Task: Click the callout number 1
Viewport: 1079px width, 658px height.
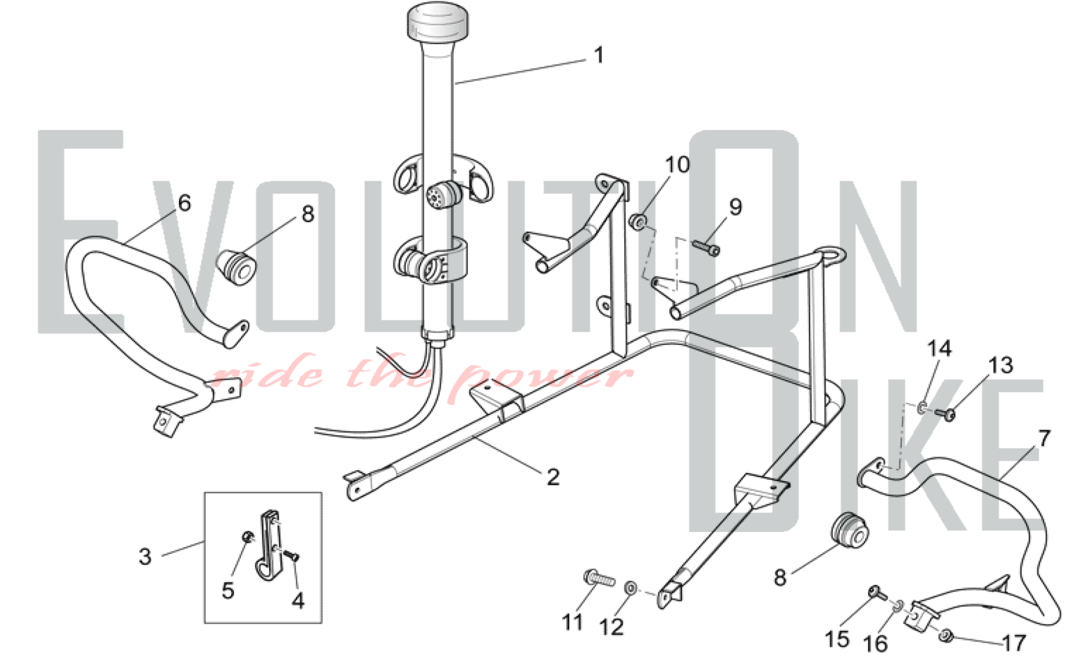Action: (x=598, y=56)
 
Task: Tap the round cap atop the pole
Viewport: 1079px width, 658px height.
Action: (x=437, y=20)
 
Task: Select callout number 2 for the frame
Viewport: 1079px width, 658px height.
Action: (x=553, y=477)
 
